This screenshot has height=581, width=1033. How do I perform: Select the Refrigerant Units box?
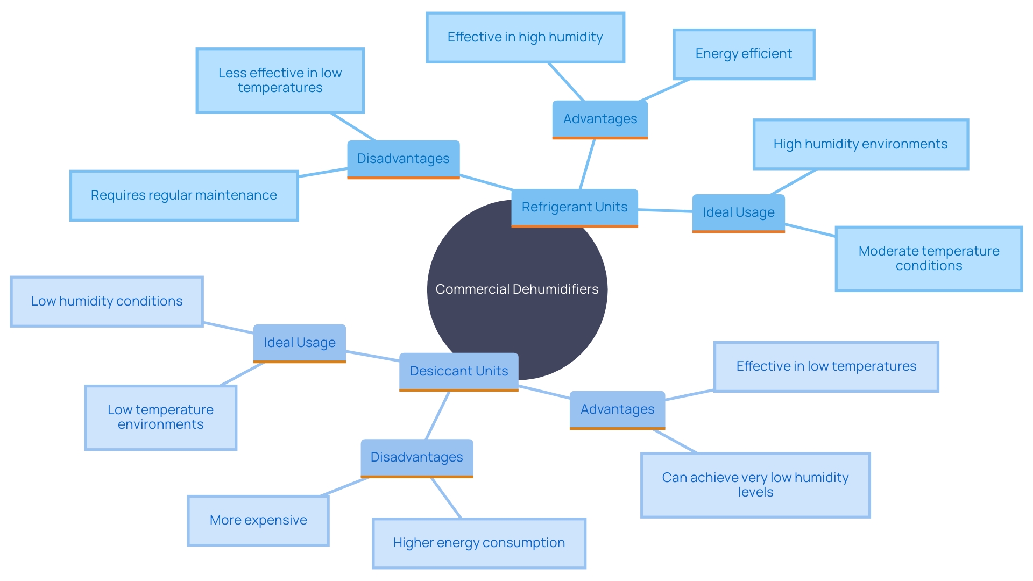(x=574, y=207)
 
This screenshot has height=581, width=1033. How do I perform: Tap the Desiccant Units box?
(x=458, y=371)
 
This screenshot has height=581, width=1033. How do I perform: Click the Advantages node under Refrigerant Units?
(x=600, y=119)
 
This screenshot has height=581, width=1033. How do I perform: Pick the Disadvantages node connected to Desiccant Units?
(x=416, y=457)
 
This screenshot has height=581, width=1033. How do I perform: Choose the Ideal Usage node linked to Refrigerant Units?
(x=738, y=212)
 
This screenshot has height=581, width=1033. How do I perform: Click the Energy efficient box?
(x=744, y=54)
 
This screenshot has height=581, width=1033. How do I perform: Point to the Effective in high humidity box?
(x=525, y=37)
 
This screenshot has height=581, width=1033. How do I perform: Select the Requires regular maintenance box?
(x=183, y=195)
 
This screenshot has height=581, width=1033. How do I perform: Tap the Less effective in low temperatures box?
(x=280, y=80)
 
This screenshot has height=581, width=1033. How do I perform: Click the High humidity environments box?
(x=860, y=144)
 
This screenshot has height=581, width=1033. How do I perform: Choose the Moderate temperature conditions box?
(x=928, y=258)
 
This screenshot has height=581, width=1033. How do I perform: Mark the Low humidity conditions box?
(x=107, y=301)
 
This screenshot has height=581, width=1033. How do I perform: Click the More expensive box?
(x=258, y=520)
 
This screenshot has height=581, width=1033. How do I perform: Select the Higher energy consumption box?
(x=478, y=543)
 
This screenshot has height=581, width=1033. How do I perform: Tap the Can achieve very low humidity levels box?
(x=755, y=485)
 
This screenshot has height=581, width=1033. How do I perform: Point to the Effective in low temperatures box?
(x=826, y=366)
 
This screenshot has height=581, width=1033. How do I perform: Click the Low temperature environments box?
(x=160, y=417)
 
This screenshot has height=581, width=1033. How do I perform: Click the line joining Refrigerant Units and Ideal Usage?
(x=665, y=210)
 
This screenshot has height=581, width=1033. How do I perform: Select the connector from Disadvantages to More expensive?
(x=344, y=486)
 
